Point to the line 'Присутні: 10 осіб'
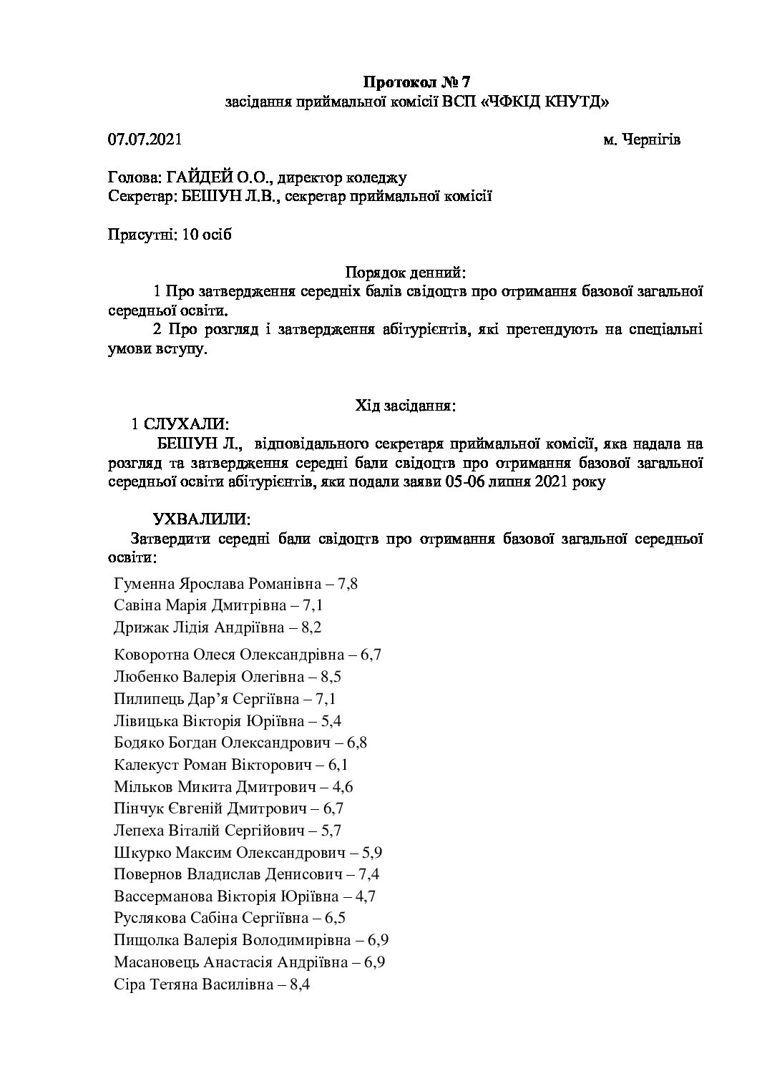[x=170, y=235]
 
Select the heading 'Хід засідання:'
[x=406, y=406]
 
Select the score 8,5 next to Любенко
[x=351, y=676]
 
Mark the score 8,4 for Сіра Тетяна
[x=298, y=985]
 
